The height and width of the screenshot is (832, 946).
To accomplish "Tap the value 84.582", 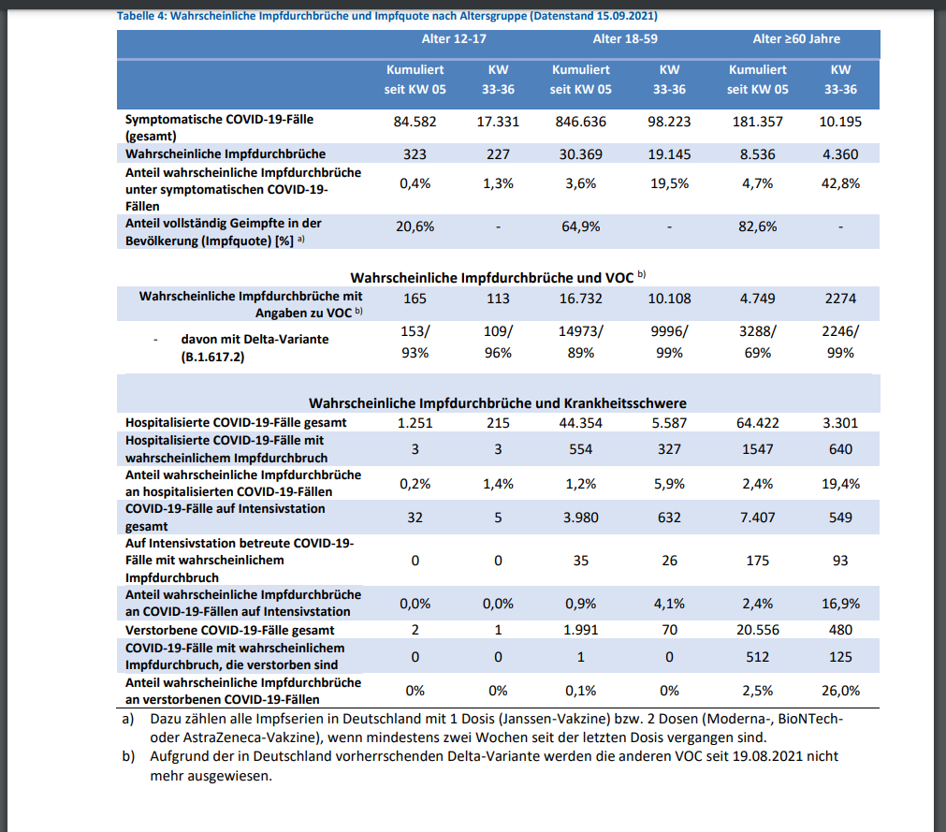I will coord(415,122).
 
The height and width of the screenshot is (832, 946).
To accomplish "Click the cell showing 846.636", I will coord(580,122).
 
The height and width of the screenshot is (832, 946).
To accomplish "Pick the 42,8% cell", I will coord(840,183).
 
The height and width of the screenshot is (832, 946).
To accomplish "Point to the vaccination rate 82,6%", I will coord(757,226).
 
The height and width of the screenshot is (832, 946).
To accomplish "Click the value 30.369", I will coord(580,154).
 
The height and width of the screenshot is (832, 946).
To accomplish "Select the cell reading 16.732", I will coord(580,299).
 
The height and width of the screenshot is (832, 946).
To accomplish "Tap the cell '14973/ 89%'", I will coord(580,342).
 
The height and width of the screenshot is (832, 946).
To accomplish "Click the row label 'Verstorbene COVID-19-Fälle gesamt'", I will coord(230,630).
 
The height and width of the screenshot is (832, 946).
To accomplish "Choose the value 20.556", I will coord(757,630).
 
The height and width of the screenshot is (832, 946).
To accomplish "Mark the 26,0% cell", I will coord(840,691).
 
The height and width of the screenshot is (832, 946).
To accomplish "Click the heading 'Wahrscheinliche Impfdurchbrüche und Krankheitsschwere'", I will coord(498,403).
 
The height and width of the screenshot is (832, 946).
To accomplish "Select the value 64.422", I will coord(757,423).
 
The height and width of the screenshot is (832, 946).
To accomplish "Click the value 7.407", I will coord(757,518).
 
